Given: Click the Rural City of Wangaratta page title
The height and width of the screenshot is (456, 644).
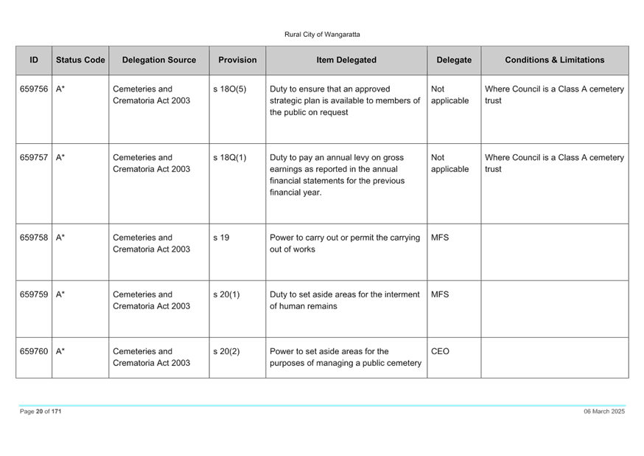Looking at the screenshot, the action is point(322,35).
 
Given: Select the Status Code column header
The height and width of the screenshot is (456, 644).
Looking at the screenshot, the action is point(80,60).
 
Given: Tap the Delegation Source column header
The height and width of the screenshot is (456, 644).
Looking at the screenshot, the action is point(159,60).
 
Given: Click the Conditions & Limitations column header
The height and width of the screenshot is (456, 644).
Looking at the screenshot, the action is point(554,60).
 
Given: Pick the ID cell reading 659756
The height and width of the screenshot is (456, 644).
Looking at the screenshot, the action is point(34,89).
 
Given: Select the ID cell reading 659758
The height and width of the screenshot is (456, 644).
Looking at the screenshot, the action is point(34,238).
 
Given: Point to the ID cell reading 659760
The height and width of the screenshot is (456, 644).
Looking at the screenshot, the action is point(34,351).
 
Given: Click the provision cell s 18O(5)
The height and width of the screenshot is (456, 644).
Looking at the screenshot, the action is point(230,89).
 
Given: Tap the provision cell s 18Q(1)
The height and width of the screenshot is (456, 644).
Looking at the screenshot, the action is point(230,158).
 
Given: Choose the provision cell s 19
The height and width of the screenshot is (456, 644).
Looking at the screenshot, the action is point(221,238).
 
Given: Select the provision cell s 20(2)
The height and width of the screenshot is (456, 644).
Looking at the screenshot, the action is point(226,351).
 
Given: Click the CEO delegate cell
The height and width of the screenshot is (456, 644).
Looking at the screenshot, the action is point(440,351).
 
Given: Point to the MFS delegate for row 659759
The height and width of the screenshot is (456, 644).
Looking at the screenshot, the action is point(440,294).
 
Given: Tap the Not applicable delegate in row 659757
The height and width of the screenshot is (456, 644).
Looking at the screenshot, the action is point(449,163).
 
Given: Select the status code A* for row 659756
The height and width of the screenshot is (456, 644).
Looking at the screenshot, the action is point(60,89).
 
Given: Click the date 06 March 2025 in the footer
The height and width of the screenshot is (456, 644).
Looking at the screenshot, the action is point(604,411).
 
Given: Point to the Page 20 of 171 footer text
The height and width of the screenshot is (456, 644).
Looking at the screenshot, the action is point(41,411).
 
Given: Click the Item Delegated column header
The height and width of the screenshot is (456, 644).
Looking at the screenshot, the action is point(346,60).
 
